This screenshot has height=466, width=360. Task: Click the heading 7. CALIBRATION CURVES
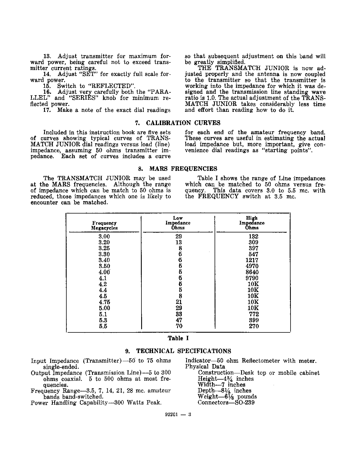tap(178, 123)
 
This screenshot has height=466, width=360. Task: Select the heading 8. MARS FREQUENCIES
tap(178, 169)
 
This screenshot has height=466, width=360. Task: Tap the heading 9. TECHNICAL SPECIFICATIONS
tap(178, 351)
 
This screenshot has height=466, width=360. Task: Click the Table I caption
tap(178, 338)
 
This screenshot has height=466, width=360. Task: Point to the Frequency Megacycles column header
tap(104, 226)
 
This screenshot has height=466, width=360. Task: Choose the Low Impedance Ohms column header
tap(178, 223)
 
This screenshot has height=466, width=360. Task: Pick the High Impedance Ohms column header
tap(252, 223)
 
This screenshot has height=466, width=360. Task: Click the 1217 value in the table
tap(252, 260)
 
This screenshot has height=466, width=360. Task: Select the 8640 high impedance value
tap(252, 272)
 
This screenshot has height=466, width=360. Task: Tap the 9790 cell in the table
tap(252, 278)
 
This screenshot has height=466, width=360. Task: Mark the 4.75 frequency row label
tap(104, 302)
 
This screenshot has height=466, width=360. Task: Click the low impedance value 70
tap(179, 326)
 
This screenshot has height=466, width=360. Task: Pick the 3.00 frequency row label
tap(104, 236)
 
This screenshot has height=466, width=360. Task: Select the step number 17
tap(47, 110)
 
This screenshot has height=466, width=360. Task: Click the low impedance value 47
tap(179, 320)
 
